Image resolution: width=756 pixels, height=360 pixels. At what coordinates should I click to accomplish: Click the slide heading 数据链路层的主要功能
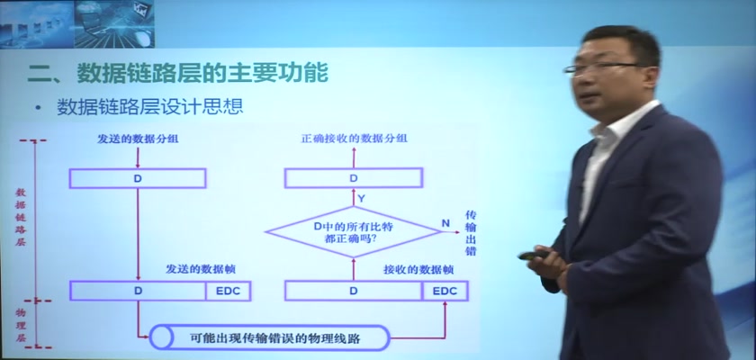coord(202,73)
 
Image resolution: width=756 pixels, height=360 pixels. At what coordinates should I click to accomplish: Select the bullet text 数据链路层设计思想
coord(150,107)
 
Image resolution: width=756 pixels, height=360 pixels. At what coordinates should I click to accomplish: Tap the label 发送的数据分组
coord(138,139)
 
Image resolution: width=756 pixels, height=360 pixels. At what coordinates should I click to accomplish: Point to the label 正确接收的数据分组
coord(354,139)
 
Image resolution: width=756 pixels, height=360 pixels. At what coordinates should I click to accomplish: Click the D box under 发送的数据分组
coord(138,178)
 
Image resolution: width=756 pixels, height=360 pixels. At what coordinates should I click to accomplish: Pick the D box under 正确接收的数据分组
coord(354,178)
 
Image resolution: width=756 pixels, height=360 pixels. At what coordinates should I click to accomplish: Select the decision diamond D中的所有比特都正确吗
coord(354,232)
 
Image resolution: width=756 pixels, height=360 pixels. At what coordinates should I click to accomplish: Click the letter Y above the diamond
coord(361,198)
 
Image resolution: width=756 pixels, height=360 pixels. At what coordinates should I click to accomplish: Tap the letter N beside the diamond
coord(445,222)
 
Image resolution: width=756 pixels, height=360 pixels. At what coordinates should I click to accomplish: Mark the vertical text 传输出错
coord(471,233)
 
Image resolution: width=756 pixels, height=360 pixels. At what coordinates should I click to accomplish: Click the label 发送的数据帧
coord(201,269)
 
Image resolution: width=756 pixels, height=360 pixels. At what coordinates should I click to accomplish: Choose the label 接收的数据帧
coord(418,269)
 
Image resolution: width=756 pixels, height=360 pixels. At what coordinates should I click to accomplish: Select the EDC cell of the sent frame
coord(228,291)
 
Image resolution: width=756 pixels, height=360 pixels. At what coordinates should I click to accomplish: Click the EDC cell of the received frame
coord(445,291)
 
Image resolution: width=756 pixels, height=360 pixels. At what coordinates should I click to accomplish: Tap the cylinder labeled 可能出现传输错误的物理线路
coord(269,337)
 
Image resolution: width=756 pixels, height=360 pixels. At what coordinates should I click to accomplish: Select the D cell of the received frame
coord(354,291)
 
